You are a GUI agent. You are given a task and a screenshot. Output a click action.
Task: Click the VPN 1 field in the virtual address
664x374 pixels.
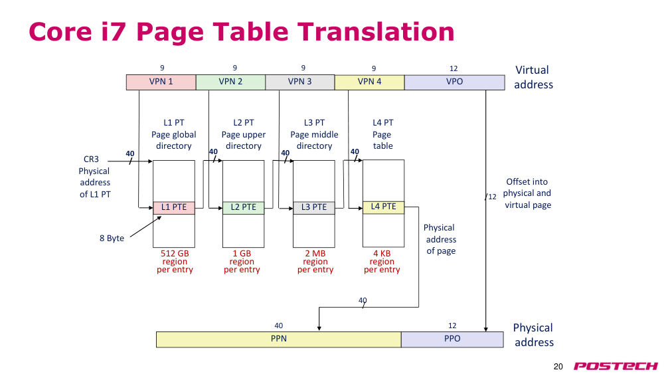(x=161, y=82)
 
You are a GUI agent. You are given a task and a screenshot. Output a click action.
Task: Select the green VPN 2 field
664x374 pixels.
(x=231, y=82)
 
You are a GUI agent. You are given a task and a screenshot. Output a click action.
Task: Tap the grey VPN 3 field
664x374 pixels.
(x=300, y=82)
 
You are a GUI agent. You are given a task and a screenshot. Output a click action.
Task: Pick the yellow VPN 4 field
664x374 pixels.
(x=370, y=82)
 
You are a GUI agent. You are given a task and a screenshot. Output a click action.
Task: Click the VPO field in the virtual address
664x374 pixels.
(x=454, y=82)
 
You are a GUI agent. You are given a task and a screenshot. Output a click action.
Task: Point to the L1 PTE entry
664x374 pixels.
(x=174, y=207)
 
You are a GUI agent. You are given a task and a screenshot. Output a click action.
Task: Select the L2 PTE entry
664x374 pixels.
(x=244, y=207)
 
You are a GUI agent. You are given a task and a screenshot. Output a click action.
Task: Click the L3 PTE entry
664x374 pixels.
(x=314, y=207)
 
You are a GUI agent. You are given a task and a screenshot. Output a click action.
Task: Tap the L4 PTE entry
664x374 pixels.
(x=384, y=207)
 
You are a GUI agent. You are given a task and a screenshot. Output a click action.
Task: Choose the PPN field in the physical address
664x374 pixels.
(x=279, y=339)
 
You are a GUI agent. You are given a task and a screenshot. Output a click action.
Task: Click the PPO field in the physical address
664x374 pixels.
(x=452, y=339)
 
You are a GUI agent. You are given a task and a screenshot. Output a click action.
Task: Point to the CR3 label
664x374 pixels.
(x=91, y=159)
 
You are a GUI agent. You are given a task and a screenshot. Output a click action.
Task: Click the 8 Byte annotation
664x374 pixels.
(x=112, y=238)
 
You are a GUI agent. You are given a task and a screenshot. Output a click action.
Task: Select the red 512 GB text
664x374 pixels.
(x=175, y=253)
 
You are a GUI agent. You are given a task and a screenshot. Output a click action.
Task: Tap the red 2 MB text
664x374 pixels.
(x=315, y=253)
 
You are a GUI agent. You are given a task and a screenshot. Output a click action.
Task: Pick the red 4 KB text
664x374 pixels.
(x=382, y=253)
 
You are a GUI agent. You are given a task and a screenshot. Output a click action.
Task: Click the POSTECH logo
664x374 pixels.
(x=616, y=366)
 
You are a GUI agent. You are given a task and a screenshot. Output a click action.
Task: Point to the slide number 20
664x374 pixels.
(x=558, y=367)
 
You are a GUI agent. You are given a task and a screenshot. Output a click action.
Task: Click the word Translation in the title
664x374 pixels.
(x=376, y=32)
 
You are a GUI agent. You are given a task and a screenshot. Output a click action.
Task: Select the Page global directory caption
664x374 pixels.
(x=173, y=140)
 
